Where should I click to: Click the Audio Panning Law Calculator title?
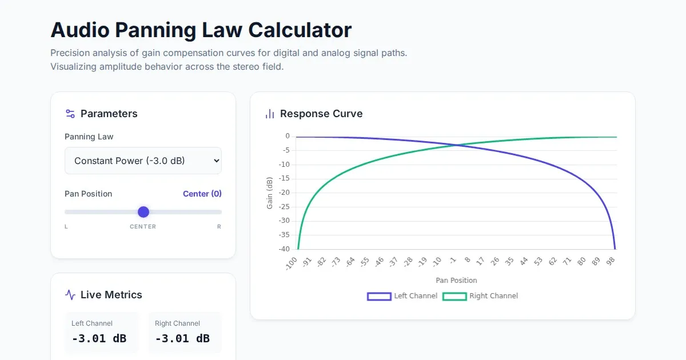coord(201,30)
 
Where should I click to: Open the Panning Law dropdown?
coord(143,161)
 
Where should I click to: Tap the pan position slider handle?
coord(143,212)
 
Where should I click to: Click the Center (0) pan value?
coord(202,194)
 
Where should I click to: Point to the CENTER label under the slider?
coord(143,227)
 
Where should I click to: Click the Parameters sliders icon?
coord(70,114)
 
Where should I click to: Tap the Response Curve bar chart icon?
coord(270,114)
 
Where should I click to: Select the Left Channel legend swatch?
coord(378,296)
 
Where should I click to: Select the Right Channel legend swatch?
coord(454,296)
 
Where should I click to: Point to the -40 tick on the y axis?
coord(284,249)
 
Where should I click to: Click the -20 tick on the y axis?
coord(284,193)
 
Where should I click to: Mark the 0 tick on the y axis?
coord(288,136)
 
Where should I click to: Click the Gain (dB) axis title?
coord(270,193)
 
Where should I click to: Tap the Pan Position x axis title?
coord(456,281)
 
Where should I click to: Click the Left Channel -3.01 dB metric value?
coord(99,338)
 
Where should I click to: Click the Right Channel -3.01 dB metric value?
coord(182,338)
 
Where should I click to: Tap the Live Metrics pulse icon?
coord(70,295)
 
